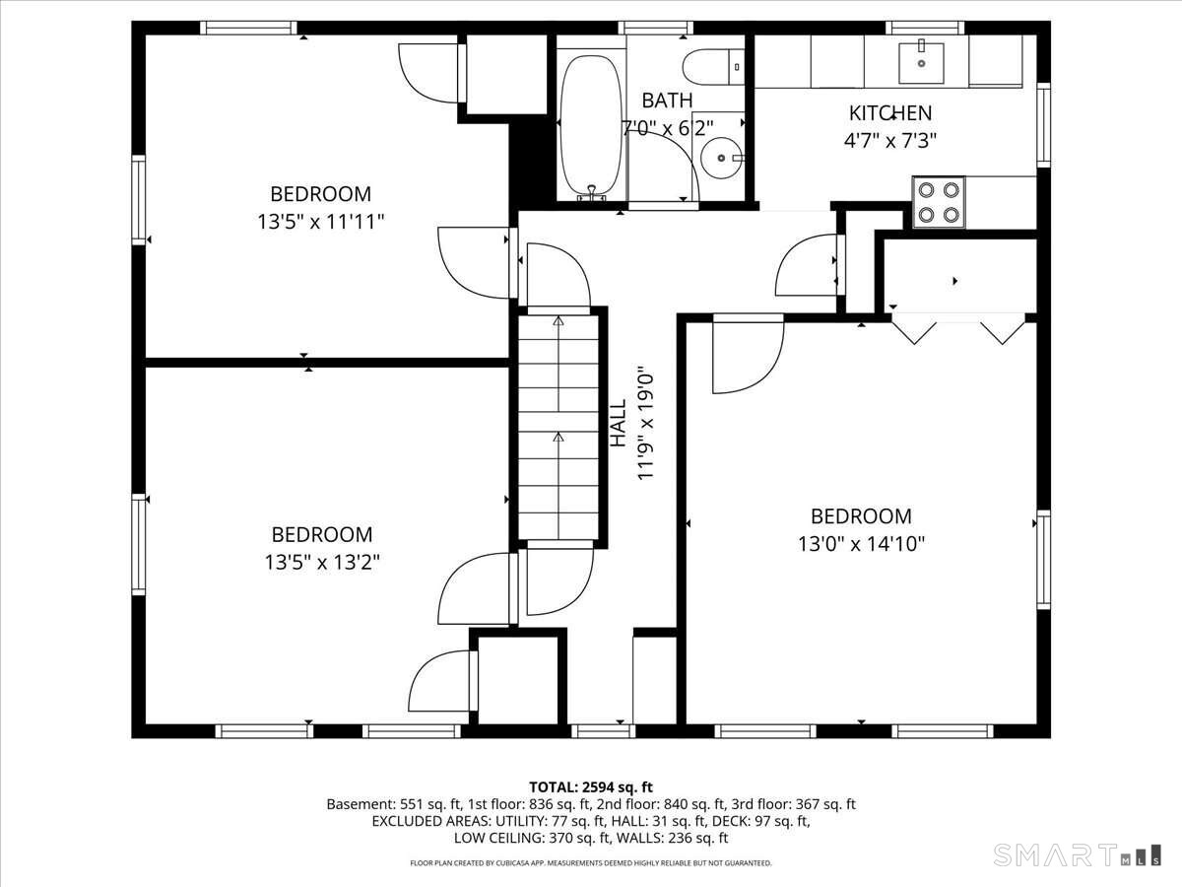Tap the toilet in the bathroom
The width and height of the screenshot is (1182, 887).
[x=713, y=67]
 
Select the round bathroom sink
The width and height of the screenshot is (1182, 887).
[x=722, y=158]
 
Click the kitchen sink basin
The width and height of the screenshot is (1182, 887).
[x=921, y=63]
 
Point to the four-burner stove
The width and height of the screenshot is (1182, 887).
[x=939, y=202]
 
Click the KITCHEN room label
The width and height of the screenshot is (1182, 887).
[x=890, y=113]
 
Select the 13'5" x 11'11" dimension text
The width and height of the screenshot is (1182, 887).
[x=321, y=222]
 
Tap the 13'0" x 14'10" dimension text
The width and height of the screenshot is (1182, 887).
[x=861, y=544]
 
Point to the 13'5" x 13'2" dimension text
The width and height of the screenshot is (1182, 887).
[x=322, y=563]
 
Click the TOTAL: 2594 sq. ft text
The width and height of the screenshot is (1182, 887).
[x=591, y=787]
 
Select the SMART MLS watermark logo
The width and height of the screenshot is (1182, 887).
[x=1077, y=855]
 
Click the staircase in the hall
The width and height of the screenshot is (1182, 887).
[x=558, y=427]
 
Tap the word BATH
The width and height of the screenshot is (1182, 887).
[x=667, y=101]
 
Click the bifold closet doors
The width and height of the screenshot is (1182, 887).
[x=958, y=327]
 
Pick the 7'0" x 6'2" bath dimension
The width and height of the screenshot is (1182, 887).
[x=668, y=128]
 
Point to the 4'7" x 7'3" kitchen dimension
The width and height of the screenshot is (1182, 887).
[x=890, y=141]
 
